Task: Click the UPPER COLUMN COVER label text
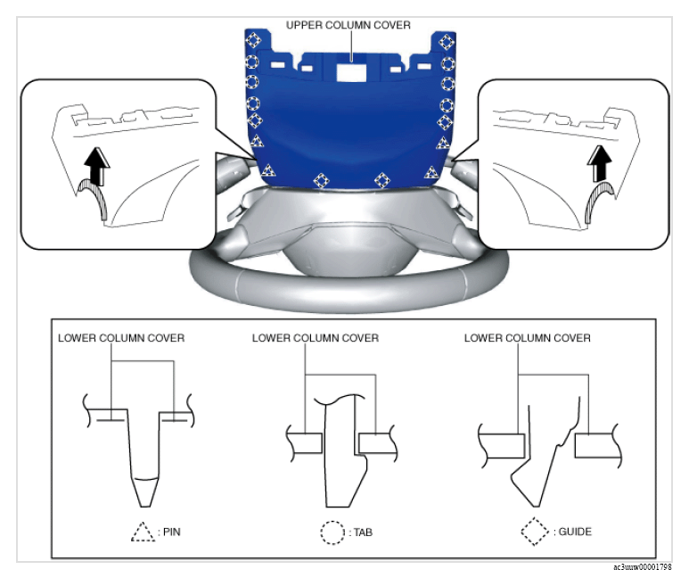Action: pos(348,25)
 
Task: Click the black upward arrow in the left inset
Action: pos(96,167)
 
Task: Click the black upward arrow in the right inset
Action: pos(599,163)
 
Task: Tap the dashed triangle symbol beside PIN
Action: pos(144,532)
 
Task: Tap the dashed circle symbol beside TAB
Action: pos(332,532)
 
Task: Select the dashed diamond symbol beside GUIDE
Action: pos(535,532)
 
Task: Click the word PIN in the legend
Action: pos(172,532)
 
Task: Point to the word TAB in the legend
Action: pos(363,532)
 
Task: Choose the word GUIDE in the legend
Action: pos(575,532)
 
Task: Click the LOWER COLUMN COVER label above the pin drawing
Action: pos(121,338)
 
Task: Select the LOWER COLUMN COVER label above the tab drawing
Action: pos(315,338)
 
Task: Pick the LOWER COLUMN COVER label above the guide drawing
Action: pos(528,338)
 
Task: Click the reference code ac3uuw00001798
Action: pos(643,567)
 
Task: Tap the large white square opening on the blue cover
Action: pos(351,71)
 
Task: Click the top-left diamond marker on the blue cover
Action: pos(253,40)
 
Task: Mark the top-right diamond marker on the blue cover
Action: pos(447,42)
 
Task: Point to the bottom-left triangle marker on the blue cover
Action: pos(267,170)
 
